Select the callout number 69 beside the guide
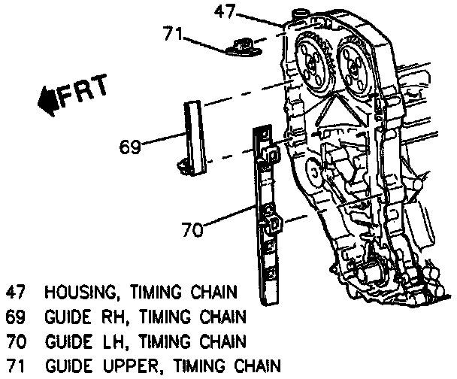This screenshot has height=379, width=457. pos(130,144)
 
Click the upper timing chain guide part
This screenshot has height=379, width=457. pos(242,46)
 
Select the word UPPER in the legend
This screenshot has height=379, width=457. pos(141,367)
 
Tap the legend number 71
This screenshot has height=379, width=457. pos(16,367)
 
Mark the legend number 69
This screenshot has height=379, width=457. pos(16,317)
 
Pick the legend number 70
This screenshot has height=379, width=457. pos(16,342)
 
